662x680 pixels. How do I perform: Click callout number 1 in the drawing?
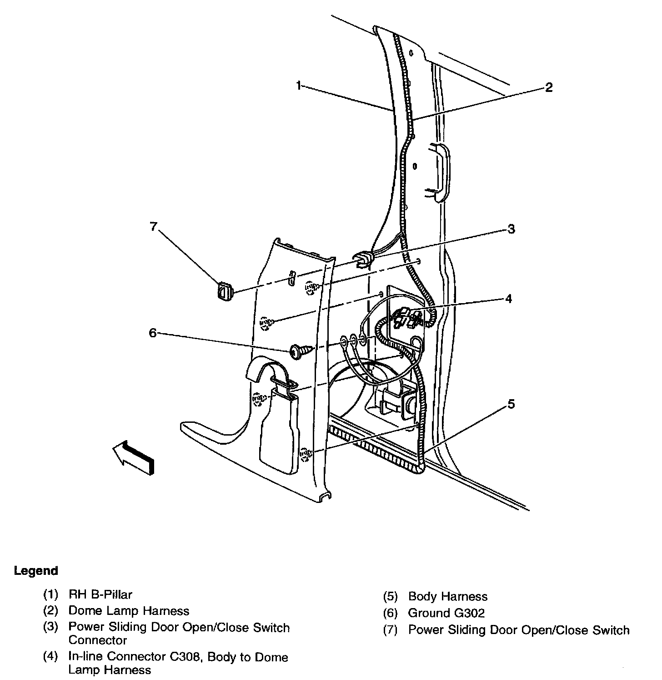click(298, 85)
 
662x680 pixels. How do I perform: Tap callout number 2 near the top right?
click(549, 87)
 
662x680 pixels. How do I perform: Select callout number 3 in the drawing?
click(511, 229)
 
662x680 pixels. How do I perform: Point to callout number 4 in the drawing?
click(508, 299)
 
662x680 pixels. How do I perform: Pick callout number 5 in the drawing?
click(511, 404)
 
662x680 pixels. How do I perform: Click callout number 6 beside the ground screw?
click(152, 333)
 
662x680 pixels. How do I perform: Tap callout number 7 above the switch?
click(153, 226)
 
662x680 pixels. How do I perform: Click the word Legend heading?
click(36, 571)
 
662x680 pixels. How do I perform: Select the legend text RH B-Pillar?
click(100, 594)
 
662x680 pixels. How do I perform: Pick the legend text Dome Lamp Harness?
click(129, 611)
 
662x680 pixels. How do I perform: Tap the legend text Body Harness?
click(448, 596)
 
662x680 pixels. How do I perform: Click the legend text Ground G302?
click(446, 613)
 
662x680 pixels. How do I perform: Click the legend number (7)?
click(391, 630)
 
